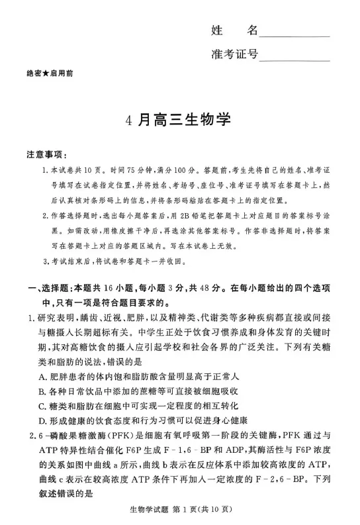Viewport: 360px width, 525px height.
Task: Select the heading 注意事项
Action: point(46,155)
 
